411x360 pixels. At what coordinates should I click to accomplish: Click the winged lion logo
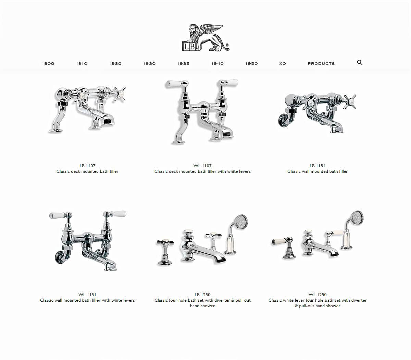coord(206,38)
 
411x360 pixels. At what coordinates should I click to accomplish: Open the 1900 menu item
coord(48,63)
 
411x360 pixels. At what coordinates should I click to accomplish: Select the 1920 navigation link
coord(115,63)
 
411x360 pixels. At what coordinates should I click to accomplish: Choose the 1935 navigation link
coord(183,63)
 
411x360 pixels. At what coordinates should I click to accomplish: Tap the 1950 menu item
coord(251,63)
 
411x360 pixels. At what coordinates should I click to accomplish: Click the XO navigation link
coord(283,63)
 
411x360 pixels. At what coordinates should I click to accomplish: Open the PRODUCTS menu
coord(321,63)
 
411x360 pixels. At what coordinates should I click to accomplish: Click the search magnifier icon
coord(360,62)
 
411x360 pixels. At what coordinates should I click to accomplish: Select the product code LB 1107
coord(87,166)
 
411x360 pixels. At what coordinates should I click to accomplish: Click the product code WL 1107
coord(202,166)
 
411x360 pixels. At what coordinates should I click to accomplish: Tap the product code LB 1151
coord(317,166)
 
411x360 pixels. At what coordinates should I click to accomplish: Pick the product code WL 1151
coord(87,295)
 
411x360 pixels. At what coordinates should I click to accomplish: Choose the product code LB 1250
coord(202,295)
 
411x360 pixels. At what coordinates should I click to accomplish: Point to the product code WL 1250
coord(317,295)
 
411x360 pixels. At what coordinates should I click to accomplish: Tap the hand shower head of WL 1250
coord(357,218)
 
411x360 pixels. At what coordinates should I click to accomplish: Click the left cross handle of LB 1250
coord(165,242)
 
